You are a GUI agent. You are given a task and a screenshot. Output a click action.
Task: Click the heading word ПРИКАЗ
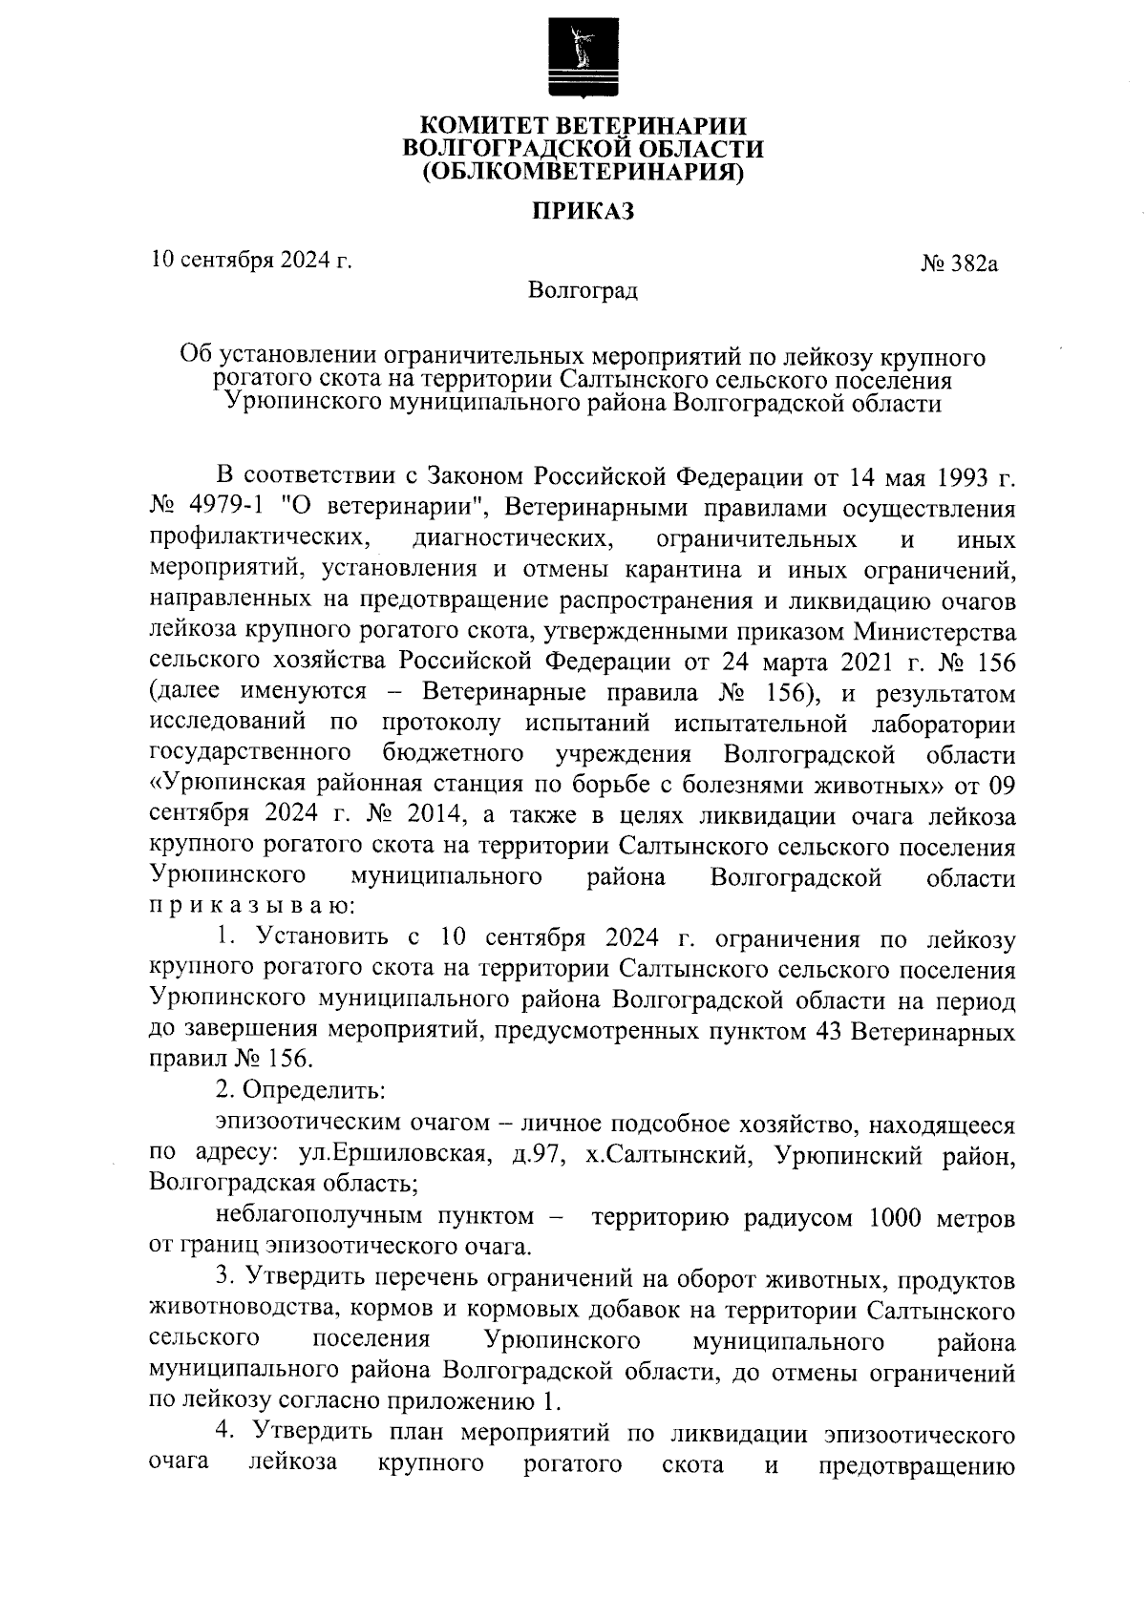(583, 212)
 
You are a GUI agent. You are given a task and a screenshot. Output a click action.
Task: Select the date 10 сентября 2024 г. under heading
(251, 259)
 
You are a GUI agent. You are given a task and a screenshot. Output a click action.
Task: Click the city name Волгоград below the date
(583, 289)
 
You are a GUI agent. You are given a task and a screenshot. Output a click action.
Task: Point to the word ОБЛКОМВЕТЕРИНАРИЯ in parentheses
(583, 172)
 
